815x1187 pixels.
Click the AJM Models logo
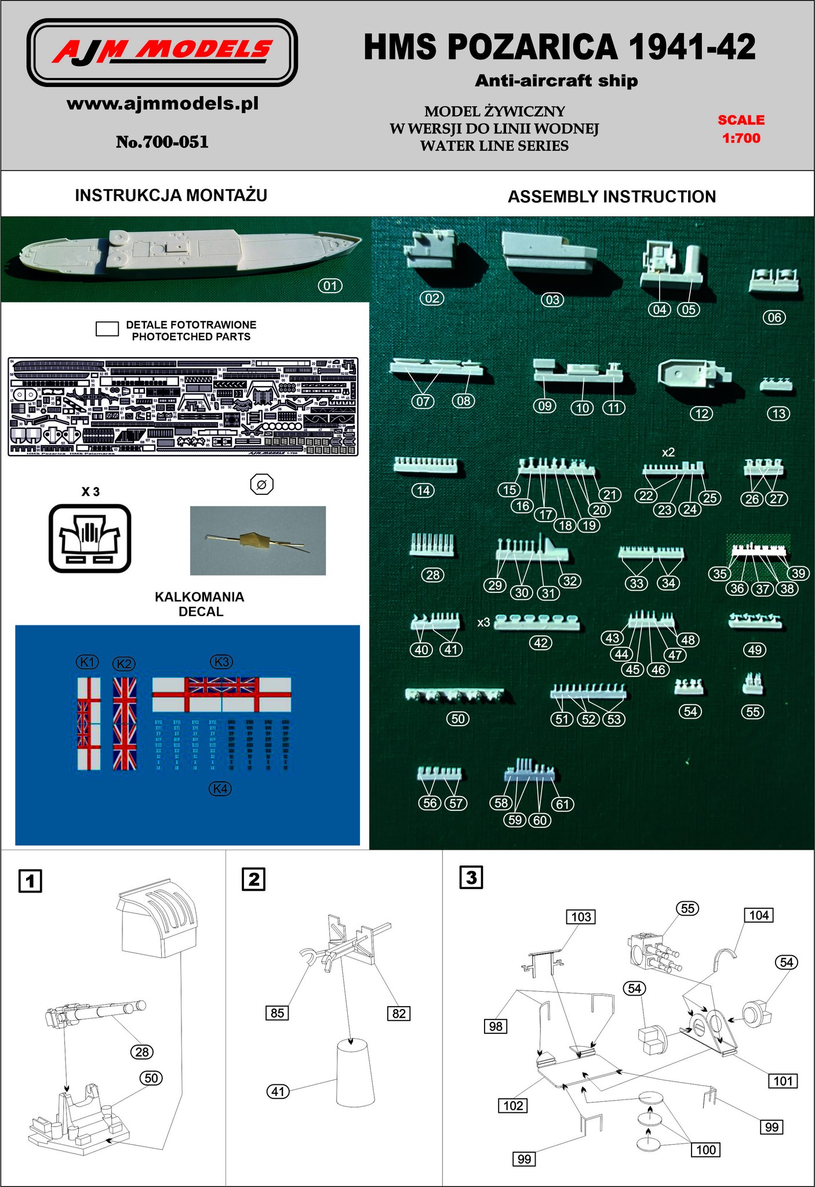162,52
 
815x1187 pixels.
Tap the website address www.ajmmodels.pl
162,104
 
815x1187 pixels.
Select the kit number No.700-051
162,142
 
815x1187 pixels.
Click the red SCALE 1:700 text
741,129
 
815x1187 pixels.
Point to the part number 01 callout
330,286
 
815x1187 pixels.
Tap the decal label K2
123,664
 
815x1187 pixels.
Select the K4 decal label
221,789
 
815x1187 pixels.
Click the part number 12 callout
701,413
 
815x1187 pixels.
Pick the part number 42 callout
540,643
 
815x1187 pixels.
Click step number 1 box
30,882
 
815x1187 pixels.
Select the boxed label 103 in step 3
581,916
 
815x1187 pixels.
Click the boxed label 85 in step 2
277,1013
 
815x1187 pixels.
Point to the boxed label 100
705,1149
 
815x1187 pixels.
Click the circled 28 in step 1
142,1052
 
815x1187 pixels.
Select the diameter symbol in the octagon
261,485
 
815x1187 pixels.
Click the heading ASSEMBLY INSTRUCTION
612,197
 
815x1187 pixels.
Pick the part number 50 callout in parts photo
458,719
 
